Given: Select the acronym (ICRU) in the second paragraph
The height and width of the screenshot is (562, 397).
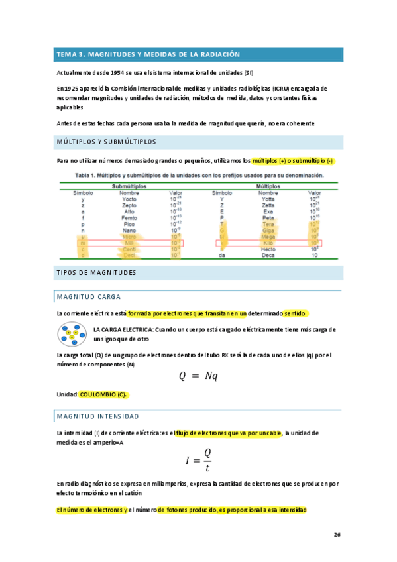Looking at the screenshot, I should tap(276, 88).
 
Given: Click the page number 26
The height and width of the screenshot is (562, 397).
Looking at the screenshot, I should tap(337, 534).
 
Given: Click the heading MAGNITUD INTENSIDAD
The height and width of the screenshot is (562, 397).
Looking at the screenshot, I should tap(98, 416).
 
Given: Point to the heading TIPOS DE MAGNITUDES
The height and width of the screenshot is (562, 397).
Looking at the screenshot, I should tap(96, 272).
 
